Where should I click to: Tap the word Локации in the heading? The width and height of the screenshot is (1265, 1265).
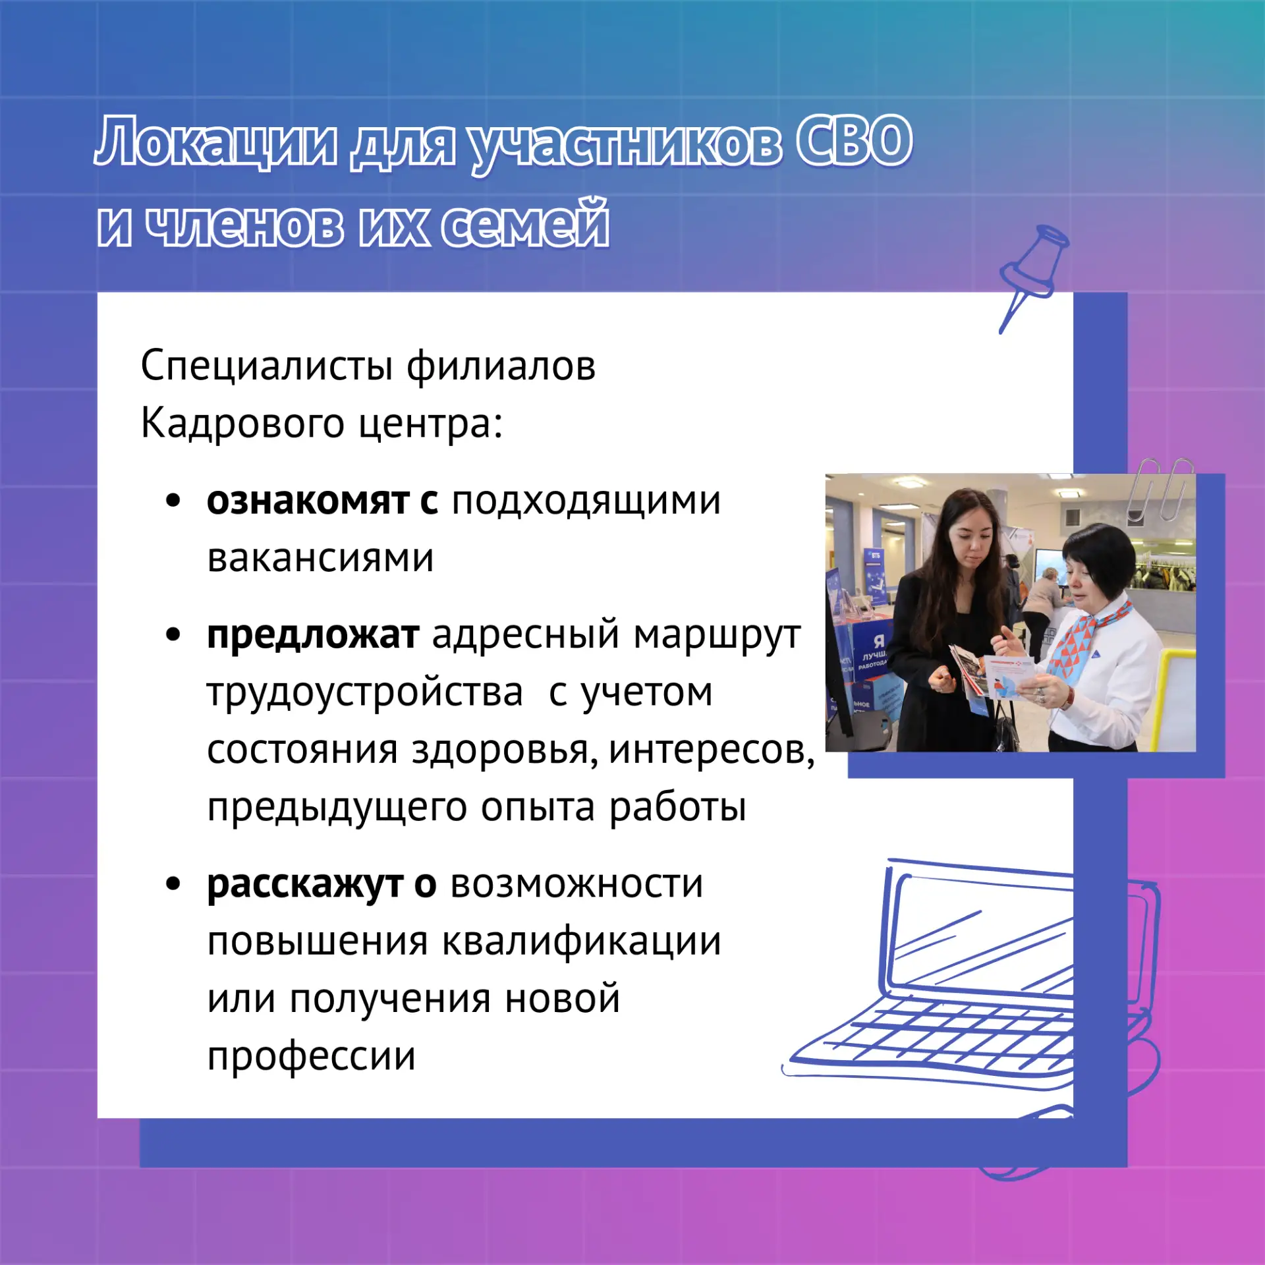(215, 142)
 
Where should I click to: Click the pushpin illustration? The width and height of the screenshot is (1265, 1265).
(1033, 277)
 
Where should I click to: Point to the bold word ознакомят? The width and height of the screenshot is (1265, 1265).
(308, 501)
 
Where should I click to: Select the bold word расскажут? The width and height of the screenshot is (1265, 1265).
(305, 885)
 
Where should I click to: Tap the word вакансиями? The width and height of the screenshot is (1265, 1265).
(320, 558)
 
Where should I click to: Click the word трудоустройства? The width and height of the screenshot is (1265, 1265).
(365, 693)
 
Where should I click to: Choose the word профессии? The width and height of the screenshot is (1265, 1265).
(312, 1057)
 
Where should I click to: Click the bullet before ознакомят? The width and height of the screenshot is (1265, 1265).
(173, 501)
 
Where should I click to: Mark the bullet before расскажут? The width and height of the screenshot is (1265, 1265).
(173, 884)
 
